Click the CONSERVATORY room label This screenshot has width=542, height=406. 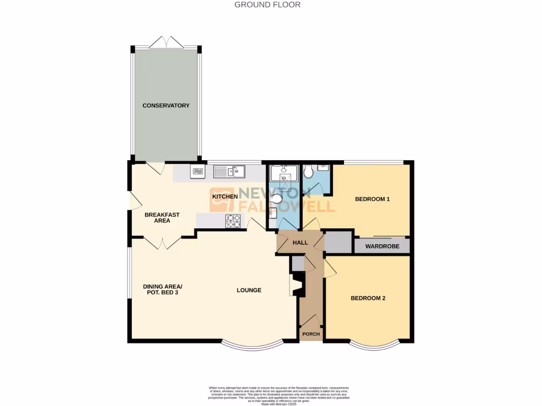166,106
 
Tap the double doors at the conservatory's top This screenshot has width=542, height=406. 166,42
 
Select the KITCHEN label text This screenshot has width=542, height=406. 225,197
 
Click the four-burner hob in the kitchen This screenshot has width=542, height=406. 233,220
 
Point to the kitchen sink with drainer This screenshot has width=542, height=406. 229,171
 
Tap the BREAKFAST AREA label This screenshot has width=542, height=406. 162,218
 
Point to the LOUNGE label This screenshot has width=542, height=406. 249,290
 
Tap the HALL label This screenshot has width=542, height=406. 300,243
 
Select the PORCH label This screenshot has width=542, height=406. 311,334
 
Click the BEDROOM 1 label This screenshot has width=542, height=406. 372,199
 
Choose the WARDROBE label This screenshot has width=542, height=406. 382,246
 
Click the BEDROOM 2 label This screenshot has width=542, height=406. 368,298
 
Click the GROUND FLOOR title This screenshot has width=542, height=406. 267,5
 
